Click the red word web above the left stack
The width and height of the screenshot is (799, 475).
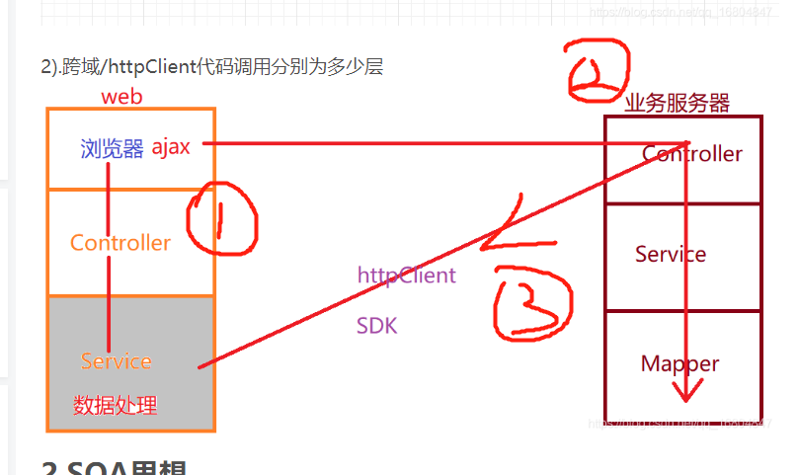pos(122,97)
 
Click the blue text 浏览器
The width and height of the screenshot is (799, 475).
pos(112,148)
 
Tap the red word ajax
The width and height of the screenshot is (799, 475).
pos(170,147)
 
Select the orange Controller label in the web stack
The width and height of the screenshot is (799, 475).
pos(120,243)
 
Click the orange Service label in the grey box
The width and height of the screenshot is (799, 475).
pos(117,361)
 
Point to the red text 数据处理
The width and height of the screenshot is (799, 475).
pos(115,405)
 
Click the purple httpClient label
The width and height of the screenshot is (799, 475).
pos(407,275)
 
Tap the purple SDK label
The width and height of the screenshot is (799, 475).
pos(377,325)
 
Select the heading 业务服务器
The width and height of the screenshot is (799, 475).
pos(677,102)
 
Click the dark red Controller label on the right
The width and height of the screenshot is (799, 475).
pos(692,154)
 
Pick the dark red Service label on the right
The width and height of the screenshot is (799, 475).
pos(671,255)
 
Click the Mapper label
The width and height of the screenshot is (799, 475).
pos(679,363)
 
